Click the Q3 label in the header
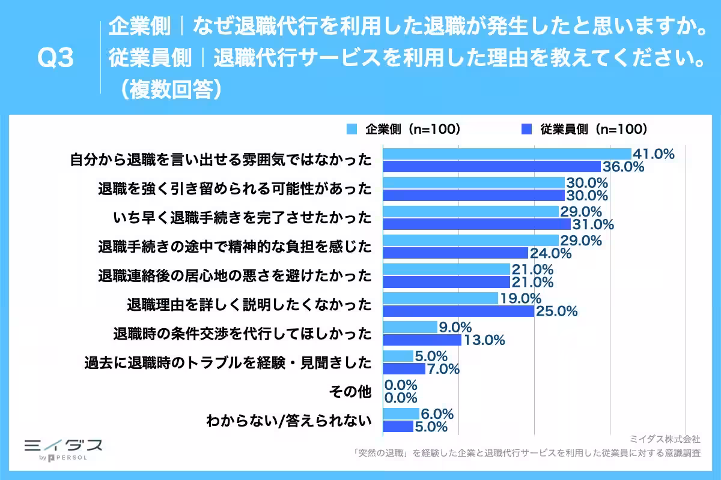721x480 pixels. [55, 59]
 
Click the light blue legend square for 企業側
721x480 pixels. [352, 129]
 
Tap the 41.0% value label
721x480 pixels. [653, 154]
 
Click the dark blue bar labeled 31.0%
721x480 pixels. [476, 224]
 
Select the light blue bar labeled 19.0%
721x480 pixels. [440, 298]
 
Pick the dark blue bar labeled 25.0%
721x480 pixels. [458, 311]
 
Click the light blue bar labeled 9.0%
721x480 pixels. [409, 327]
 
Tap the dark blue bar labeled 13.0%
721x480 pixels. [421, 340]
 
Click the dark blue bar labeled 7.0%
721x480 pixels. [403, 368]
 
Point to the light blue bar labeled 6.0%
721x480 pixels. [400, 414]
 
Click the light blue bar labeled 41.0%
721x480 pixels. [507, 154]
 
